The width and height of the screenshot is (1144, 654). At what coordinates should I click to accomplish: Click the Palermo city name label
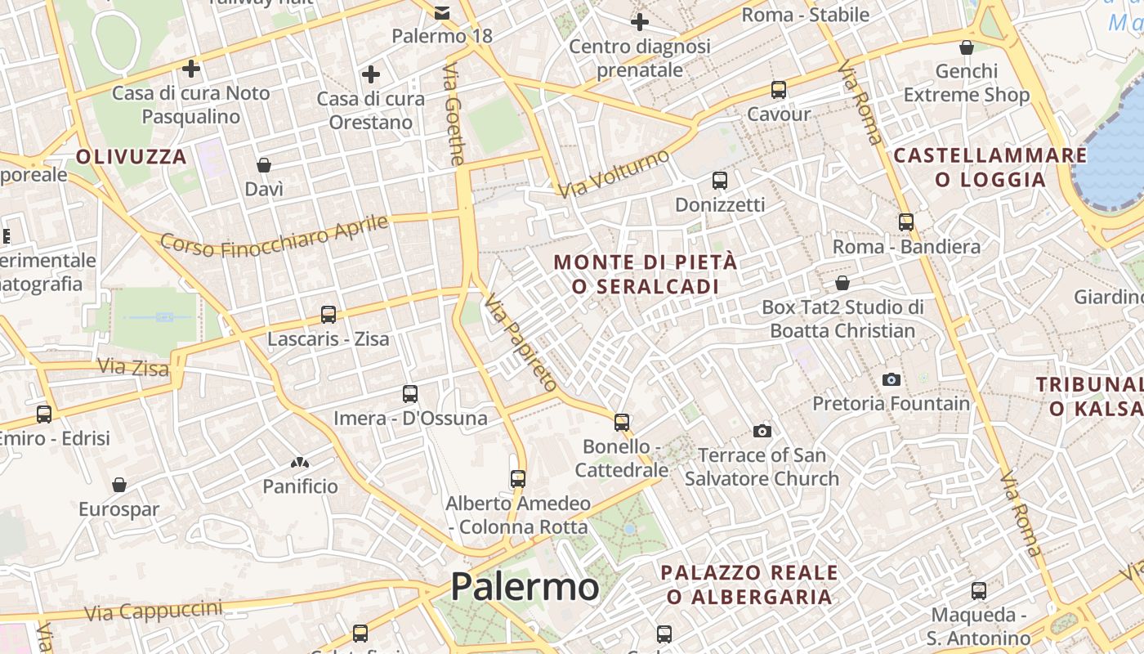525,586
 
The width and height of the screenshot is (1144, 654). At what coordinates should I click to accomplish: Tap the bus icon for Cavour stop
779,90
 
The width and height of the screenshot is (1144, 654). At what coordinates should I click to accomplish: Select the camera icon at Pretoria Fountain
892,379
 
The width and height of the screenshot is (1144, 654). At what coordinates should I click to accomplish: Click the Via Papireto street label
521,344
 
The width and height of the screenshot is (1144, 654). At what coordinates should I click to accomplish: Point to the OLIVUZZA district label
132,156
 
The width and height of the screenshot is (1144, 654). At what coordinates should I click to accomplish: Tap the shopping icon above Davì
264,165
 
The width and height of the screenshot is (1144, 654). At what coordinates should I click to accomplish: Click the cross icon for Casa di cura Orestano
371,74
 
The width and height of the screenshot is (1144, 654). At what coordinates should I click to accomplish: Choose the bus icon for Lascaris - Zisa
328,315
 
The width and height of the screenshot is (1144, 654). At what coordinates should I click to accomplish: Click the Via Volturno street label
614,173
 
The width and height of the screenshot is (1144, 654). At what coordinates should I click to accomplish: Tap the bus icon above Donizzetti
720,181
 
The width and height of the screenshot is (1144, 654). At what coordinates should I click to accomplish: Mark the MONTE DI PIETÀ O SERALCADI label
646,274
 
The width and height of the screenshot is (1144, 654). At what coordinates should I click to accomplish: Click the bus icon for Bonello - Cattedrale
622,423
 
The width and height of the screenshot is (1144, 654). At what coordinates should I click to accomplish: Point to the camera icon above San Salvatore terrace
762,431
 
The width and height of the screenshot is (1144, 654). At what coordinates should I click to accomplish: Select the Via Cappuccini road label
153,611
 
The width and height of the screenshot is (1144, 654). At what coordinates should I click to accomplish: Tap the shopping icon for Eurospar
119,485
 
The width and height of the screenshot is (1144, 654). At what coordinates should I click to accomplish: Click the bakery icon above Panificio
300,463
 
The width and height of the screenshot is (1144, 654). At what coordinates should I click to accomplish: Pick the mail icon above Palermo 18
442,12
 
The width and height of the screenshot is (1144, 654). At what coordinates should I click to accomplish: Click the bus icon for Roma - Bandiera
906,222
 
